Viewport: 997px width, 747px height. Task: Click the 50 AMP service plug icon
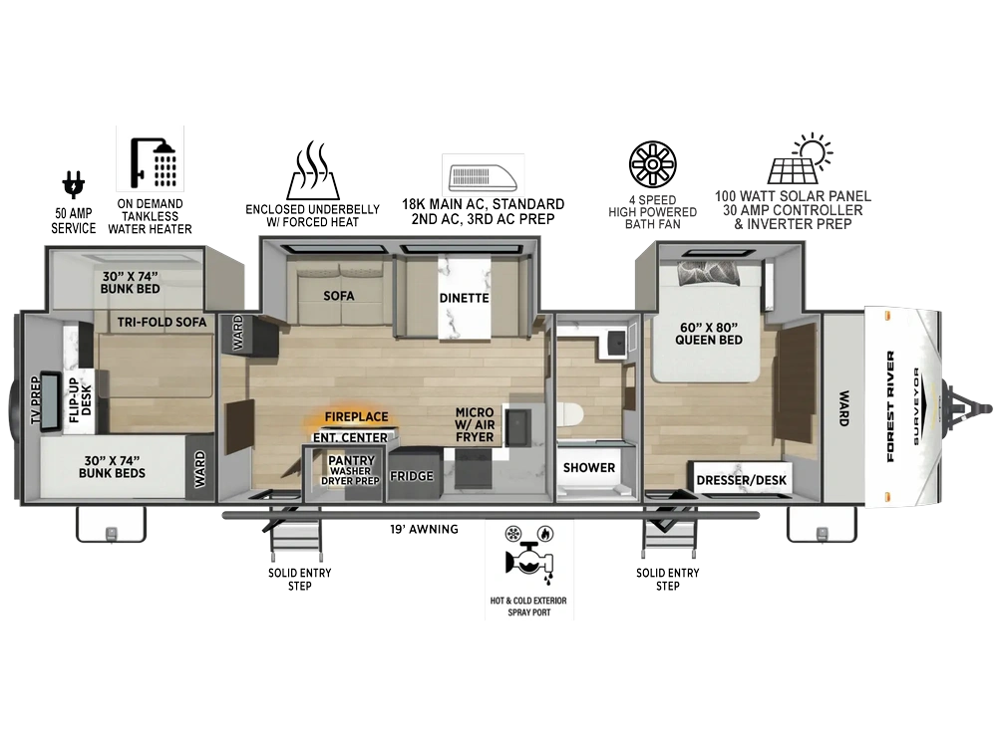(73, 185)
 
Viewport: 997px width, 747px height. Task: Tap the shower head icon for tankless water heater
(153, 163)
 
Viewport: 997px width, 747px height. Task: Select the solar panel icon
(800, 158)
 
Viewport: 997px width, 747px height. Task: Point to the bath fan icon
(652, 164)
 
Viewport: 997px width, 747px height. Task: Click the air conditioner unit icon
(483, 177)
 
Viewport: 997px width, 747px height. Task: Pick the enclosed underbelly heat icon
(313, 170)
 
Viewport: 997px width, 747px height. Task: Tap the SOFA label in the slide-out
(338, 296)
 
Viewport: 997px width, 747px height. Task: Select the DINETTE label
(465, 298)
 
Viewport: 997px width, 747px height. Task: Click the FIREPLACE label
(356, 416)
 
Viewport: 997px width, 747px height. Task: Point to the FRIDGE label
(412, 476)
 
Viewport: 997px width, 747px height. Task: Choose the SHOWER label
(589, 467)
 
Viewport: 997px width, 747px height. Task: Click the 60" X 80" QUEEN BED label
(708, 334)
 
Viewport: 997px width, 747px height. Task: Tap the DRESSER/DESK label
(742, 480)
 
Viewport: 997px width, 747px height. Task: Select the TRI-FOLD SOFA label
(162, 322)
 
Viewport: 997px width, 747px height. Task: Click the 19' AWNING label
(424, 529)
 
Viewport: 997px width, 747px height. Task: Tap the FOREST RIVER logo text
(890, 406)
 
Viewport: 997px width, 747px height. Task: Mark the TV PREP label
(36, 400)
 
